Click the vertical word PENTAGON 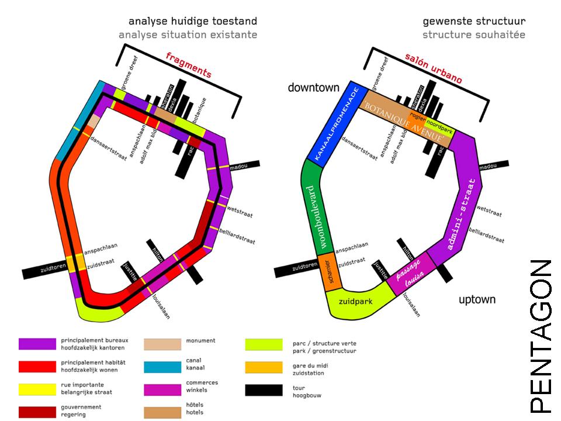click(540, 336)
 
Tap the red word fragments click(188, 64)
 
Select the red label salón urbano click(433, 68)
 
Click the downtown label click(313, 88)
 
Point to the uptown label click(477, 300)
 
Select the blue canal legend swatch click(162, 367)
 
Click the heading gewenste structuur click(474, 22)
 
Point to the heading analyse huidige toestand click(188, 22)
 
